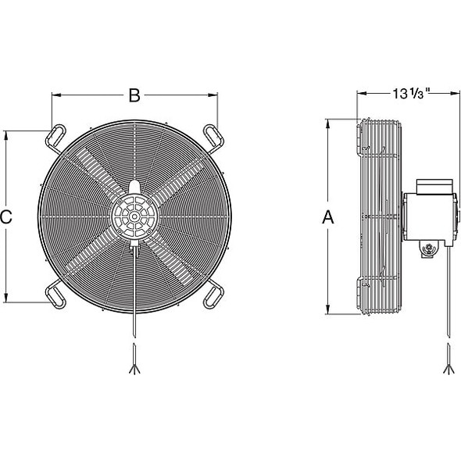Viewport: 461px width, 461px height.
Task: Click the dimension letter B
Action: pos(134,96)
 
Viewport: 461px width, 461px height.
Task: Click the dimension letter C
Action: pos(6,218)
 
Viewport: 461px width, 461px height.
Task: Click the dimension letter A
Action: pos(329,219)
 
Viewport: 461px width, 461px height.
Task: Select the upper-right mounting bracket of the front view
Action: pos(213,134)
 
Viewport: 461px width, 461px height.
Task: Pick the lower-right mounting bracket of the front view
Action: pos(213,295)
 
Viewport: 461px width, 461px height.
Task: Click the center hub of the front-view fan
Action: pos(134,213)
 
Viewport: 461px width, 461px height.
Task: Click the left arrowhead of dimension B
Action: pos(55,96)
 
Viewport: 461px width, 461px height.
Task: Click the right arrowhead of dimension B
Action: pos(216,96)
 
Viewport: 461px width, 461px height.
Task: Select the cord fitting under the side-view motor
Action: pos(429,249)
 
